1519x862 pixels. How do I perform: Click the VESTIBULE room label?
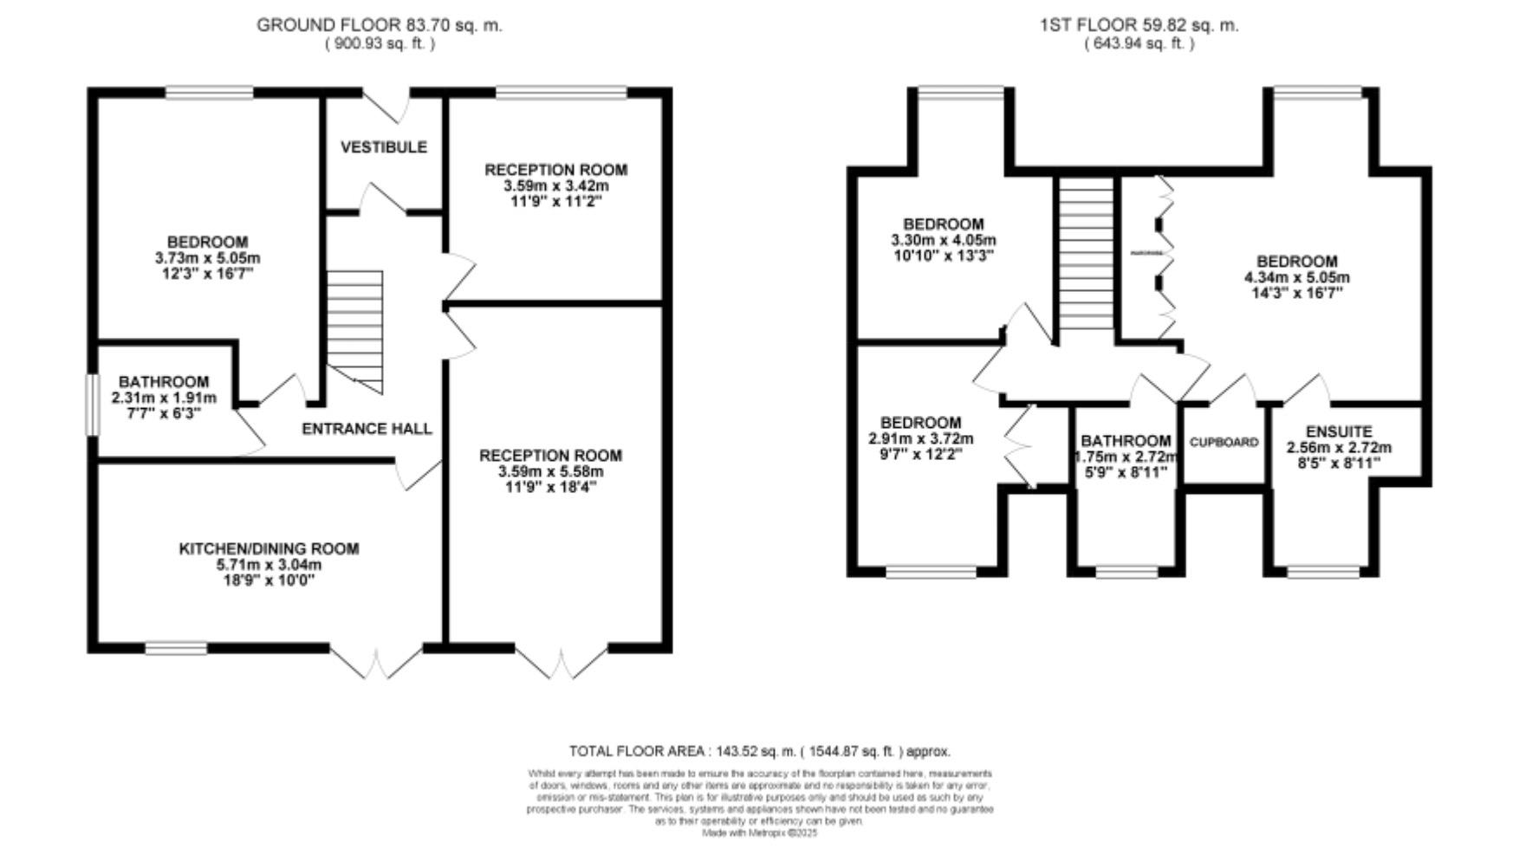(383, 147)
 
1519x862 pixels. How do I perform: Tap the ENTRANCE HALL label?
(367, 429)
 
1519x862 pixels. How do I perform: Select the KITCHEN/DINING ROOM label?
(269, 548)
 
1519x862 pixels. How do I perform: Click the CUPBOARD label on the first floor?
(1224, 443)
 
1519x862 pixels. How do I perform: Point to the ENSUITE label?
(1339, 431)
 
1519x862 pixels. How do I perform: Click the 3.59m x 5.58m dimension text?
(550, 472)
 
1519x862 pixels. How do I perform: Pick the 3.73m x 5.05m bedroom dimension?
(207, 258)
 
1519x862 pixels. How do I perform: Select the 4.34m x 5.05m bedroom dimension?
(1296, 278)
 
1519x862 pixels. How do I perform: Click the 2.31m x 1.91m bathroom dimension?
(164, 399)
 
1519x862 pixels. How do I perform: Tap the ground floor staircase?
(355, 329)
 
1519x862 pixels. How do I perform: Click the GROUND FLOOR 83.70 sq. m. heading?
(379, 25)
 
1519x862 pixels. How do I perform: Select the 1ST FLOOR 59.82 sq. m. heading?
(1139, 25)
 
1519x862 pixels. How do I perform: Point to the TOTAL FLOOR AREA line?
(759, 752)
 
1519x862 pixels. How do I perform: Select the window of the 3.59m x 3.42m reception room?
(561, 92)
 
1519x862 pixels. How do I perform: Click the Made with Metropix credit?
(759, 833)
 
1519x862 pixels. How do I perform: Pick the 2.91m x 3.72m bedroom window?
(931, 572)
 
